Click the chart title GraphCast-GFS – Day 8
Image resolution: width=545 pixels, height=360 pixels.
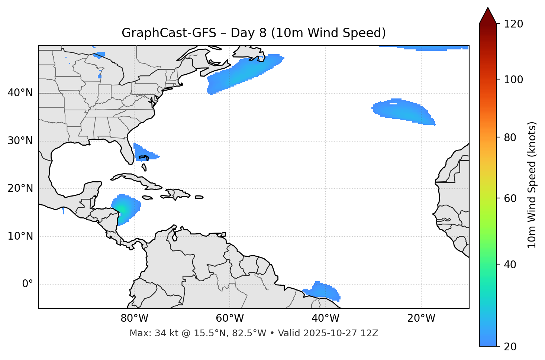(x=254, y=33)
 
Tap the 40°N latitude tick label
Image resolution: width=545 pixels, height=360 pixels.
(x=20, y=93)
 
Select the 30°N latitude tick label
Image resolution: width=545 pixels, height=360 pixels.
(x=20, y=141)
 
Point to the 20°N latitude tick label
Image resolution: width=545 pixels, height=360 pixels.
(x=20, y=188)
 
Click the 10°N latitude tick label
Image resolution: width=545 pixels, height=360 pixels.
(x=20, y=236)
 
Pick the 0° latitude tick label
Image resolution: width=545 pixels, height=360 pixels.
(x=28, y=284)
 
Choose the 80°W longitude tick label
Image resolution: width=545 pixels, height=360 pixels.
(x=134, y=318)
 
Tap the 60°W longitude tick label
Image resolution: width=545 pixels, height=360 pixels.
(x=230, y=318)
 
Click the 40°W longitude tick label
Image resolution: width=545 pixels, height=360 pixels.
(x=326, y=318)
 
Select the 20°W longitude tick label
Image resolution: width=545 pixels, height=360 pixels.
(x=421, y=318)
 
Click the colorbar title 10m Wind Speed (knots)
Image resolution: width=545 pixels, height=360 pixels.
(x=532, y=185)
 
